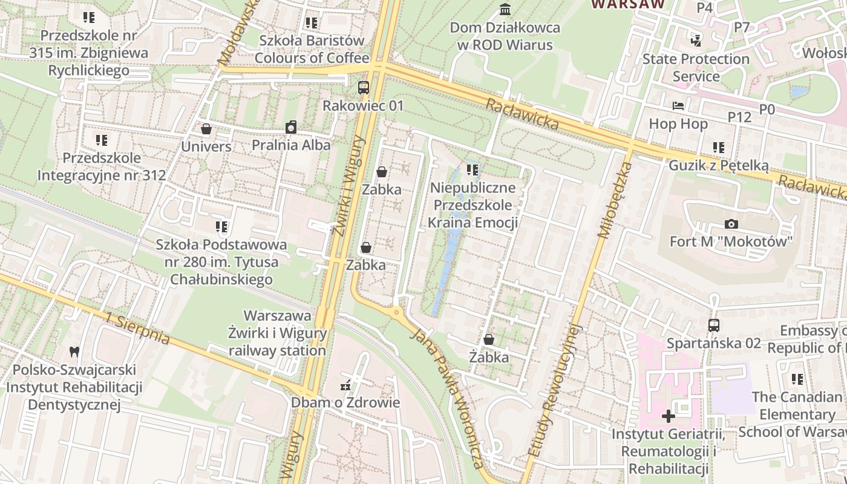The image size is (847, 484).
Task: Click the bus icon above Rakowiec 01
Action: tap(363, 87)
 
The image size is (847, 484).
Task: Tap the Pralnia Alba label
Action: tap(291, 145)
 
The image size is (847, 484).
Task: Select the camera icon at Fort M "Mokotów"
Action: tap(731, 224)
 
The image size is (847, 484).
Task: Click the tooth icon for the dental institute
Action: tap(74, 351)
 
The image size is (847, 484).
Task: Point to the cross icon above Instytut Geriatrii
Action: tap(668, 416)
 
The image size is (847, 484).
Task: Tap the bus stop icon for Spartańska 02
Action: tap(714, 325)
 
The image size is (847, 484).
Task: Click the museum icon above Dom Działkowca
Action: tap(505, 9)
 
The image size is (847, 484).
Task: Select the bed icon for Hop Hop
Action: tap(678, 106)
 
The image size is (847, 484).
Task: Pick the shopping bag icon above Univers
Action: tap(206, 129)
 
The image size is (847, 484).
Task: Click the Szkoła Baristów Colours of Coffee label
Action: tap(312, 49)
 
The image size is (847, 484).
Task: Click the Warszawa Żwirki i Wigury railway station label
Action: tap(277, 333)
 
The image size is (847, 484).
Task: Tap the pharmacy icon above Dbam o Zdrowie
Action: tap(345, 385)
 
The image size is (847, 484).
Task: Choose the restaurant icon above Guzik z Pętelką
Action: tap(718, 148)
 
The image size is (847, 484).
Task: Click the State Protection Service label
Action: tap(696, 67)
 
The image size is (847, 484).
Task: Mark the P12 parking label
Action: tap(739, 117)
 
